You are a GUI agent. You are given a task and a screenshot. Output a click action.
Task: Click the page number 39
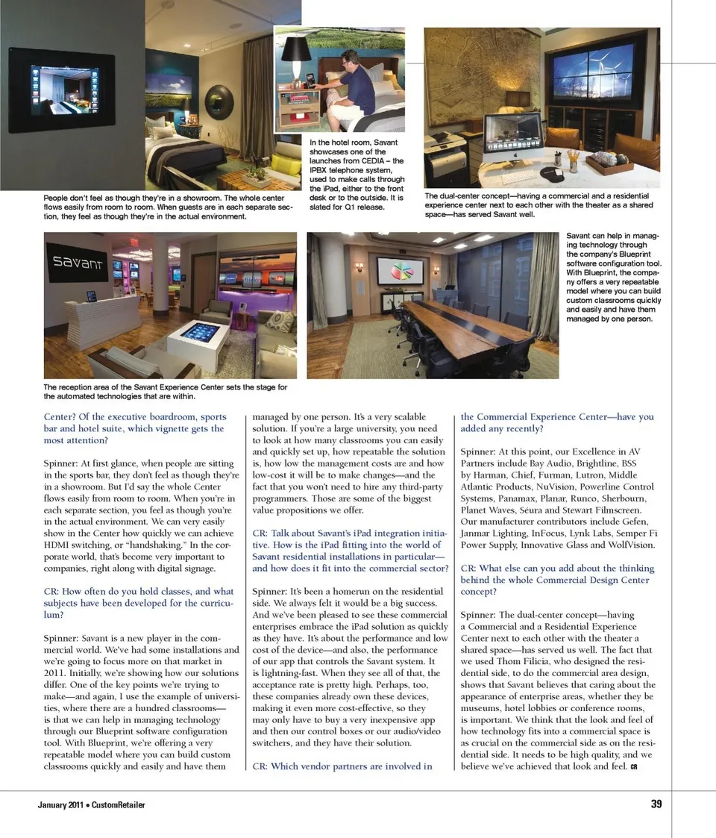coord(656,804)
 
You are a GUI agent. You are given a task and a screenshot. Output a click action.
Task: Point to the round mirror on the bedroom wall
coord(219,102)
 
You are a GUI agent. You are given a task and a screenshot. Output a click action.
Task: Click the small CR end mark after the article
coord(633,767)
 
